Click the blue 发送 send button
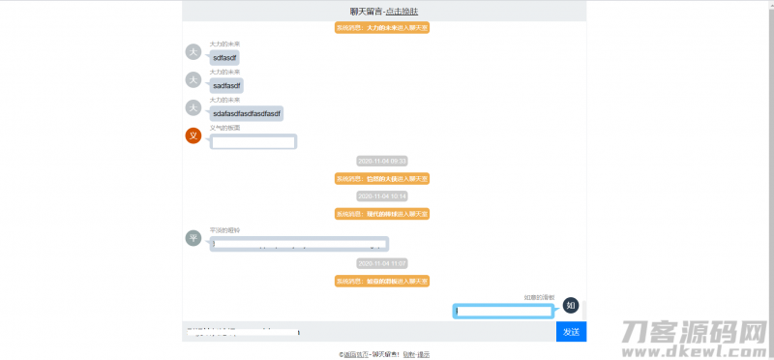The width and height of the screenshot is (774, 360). click(x=571, y=332)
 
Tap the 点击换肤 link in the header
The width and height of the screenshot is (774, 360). click(x=402, y=11)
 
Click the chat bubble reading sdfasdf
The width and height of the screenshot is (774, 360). click(x=224, y=58)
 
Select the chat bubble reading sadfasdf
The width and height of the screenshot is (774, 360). click(x=226, y=85)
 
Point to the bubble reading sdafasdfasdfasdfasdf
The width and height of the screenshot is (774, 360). click(x=247, y=113)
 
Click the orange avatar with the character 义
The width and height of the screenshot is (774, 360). click(x=193, y=135)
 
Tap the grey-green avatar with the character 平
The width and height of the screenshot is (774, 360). click(x=193, y=238)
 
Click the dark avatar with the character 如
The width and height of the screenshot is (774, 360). click(x=571, y=306)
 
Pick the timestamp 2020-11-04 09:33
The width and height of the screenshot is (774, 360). click(x=382, y=161)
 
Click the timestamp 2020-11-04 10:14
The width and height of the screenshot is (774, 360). click(x=382, y=195)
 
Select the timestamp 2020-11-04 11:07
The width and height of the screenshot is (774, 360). click(x=382, y=263)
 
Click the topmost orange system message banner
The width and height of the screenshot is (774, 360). click(x=382, y=28)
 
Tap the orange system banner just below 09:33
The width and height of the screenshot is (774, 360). click(x=382, y=178)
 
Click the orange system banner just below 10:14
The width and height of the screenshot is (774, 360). click(x=382, y=213)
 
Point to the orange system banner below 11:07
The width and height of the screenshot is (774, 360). click(x=382, y=281)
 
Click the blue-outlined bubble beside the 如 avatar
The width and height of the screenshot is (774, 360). click(x=504, y=311)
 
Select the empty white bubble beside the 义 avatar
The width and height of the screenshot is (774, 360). click(x=253, y=142)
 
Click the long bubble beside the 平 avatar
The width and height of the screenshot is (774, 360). click(x=299, y=243)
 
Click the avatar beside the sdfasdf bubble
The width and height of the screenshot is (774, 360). click(x=193, y=52)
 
